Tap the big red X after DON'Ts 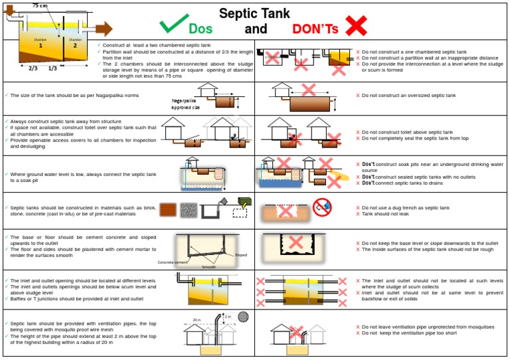356,25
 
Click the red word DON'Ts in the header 315,29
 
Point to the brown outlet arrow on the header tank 104,28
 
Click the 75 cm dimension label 40,5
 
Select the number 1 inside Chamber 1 41,46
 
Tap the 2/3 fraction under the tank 33,68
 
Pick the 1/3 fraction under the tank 53,68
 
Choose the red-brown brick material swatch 168,210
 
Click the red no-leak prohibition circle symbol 322,207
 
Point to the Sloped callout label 240,254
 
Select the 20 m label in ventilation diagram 197,319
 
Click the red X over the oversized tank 309,90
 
